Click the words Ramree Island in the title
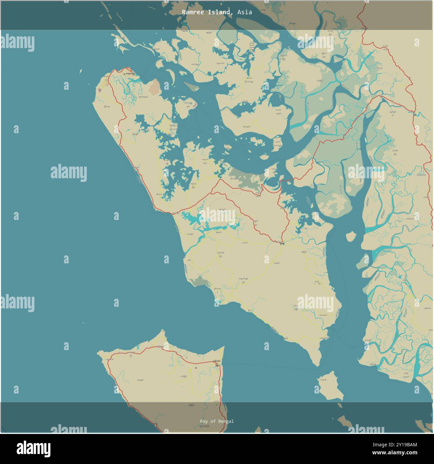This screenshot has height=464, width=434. click(x=206, y=12)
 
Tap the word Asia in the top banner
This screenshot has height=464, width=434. click(x=245, y=12)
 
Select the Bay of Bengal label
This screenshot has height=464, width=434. click(x=217, y=421)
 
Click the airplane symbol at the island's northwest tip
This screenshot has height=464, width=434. click(x=124, y=73)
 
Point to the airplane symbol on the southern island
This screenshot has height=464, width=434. click(x=196, y=368)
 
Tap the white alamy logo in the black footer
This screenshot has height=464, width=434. click(x=34, y=448)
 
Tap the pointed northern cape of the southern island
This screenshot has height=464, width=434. click(x=163, y=332)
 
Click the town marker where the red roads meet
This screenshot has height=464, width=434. click(x=282, y=243)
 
